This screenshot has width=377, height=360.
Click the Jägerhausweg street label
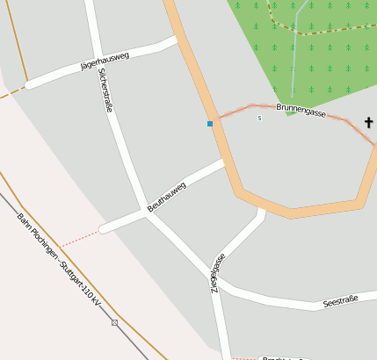pos(105,61)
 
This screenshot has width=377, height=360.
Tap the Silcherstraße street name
pos(106,90)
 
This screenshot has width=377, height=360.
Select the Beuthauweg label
pos(167,197)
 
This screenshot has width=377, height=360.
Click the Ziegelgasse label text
pos(215,272)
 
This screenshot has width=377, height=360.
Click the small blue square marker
pos(210,124)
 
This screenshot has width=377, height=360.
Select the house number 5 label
pos(259,118)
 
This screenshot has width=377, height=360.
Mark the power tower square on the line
pos(114,322)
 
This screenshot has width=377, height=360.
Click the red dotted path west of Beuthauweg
pos(80,237)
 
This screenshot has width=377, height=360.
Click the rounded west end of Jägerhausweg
pos(29,85)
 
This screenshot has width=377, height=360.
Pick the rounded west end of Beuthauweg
pos(104,229)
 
